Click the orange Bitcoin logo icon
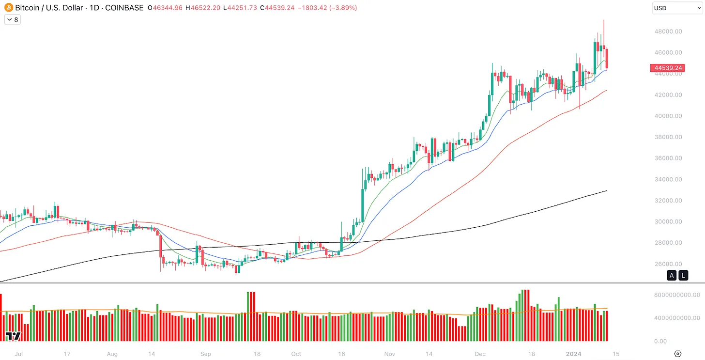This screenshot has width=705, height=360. tap(8, 8)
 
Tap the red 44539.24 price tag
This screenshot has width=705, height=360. tap(668, 68)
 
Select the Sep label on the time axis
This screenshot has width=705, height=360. tap(206, 354)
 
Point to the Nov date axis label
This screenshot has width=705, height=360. tap(390, 354)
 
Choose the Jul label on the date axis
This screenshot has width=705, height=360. tap(19, 354)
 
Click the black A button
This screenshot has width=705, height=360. tap(672, 276)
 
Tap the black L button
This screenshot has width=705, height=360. tap(683, 276)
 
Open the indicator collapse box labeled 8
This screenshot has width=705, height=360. tap(12, 20)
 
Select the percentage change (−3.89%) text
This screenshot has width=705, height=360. tap(343, 8)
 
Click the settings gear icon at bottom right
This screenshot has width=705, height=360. tap(678, 354)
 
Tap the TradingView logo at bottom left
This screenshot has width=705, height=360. tap(13, 336)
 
